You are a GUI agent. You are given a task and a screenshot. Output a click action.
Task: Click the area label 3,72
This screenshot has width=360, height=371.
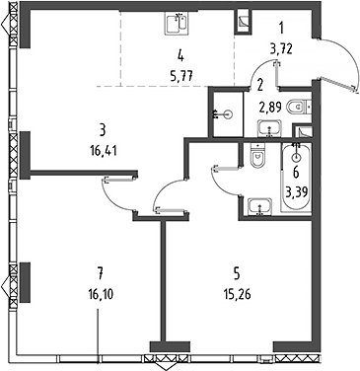[281, 49]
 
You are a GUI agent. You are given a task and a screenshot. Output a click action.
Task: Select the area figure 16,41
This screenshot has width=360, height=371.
[103, 151]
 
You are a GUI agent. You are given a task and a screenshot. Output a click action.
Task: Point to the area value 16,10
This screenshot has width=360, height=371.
[101, 294]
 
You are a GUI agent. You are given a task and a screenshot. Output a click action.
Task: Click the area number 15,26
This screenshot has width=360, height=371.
[237, 294]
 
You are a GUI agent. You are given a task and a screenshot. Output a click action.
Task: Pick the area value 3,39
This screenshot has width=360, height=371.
[297, 191]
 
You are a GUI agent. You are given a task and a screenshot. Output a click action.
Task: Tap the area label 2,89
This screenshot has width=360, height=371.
[270, 108]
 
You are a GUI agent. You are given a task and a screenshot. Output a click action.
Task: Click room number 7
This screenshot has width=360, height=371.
[101, 272]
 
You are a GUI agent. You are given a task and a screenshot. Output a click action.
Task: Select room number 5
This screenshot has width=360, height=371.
[237, 272]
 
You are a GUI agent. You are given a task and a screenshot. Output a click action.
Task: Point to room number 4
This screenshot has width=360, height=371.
[180, 56]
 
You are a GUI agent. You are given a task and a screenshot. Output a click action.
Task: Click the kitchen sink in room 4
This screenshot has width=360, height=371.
[176, 24]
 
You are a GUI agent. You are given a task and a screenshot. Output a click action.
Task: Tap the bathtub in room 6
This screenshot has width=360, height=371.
[296, 178]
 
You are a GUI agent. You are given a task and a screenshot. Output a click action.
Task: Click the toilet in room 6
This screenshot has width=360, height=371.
[257, 156]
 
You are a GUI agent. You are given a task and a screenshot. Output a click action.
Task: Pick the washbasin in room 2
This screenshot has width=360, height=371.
[269, 128]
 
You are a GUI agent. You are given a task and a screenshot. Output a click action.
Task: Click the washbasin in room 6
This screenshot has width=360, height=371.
[260, 206]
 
